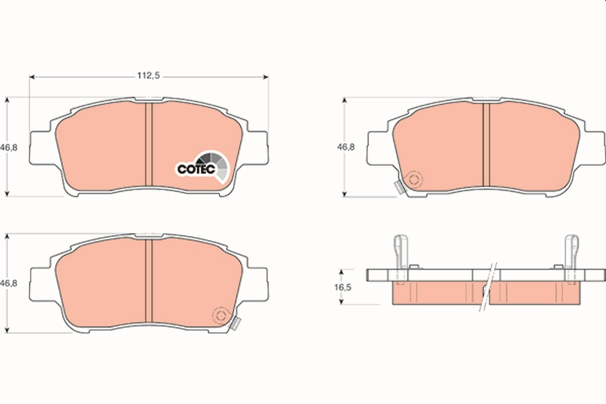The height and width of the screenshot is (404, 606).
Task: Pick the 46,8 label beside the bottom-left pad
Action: click(x=11, y=284)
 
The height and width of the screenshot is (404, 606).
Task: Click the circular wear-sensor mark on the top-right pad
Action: click(x=414, y=179)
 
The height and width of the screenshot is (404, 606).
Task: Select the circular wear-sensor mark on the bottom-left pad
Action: click(x=221, y=316)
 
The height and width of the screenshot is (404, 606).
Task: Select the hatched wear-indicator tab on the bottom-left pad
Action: click(x=234, y=324)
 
